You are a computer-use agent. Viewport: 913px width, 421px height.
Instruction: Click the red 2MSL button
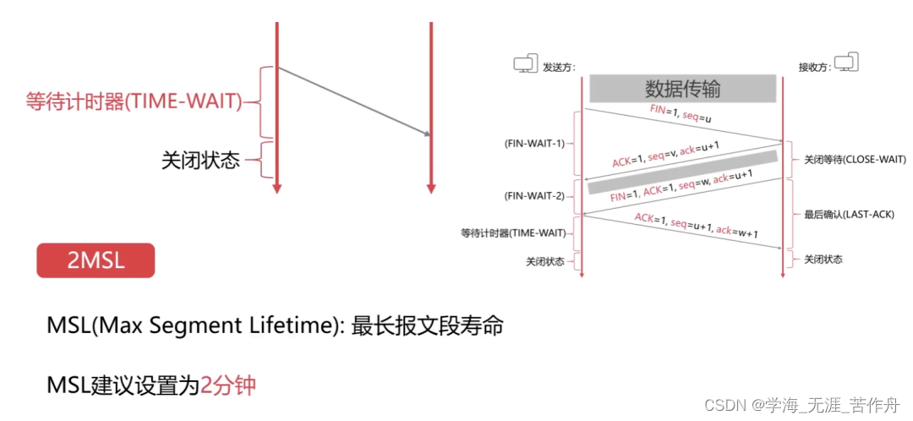(x=96, y=260)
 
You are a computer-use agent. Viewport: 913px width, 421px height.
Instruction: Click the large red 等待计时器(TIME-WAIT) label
(x=134, y=102)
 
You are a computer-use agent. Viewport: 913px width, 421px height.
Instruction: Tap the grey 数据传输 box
(x=682, y=89)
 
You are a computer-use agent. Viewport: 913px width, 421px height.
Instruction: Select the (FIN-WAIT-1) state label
(x=534, y=143)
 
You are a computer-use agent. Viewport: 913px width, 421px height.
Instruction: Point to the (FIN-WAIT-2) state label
(x=534, y=195)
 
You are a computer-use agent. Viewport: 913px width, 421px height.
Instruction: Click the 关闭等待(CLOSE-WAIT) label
(x=855, y=159)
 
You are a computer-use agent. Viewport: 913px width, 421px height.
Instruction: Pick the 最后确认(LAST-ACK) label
(x=849, y=215)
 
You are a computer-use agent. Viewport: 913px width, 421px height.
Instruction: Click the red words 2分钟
(x=227, y=386)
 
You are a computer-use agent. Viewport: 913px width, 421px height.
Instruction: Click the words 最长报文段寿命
(x=429, y=325)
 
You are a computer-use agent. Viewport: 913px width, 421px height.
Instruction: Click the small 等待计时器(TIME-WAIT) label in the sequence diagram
(x=515, y=232)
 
